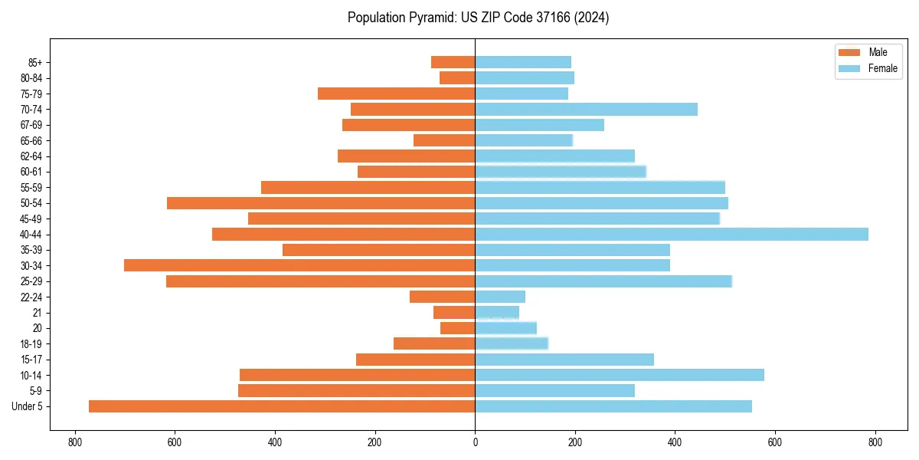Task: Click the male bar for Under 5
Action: (282, 406)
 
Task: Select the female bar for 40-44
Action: (672, 235)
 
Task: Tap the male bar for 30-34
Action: (299, 265)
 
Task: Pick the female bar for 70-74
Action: (586, 110)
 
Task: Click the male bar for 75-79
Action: (396, 94)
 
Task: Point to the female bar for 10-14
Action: (620, 375)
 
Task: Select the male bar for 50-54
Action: (321, 203)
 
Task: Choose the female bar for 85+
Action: (523, 62)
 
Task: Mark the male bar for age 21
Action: (454, 313)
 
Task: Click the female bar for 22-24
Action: (500, 297)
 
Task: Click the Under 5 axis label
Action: (27, 406)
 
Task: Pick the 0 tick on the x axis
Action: (475, 442)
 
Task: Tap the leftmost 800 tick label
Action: (74, 442)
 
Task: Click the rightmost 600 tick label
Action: (775, 442)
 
